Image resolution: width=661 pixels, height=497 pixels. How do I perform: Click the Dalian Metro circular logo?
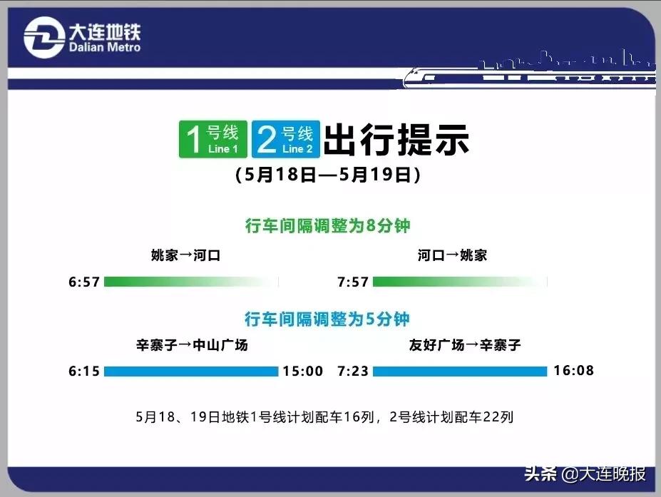[x=43, y=37]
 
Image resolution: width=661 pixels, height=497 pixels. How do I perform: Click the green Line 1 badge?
[x=212, y=139]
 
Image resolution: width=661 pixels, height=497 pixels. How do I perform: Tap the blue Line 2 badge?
[x=285, y=139]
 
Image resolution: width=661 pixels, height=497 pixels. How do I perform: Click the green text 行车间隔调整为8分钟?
[x=328, y=226]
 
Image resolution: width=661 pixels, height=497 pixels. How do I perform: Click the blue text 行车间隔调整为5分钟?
[x=328, y=319]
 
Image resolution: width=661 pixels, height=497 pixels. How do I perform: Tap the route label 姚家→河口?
[x=185, y=255]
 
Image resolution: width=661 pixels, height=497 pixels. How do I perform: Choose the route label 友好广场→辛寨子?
[x=465, y=346]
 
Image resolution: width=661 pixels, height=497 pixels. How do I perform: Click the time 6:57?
[x=84, y=282]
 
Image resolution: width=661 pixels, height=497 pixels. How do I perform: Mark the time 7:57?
[x=353, y=282]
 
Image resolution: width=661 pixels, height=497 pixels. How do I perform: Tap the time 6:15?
[x=84, y=372]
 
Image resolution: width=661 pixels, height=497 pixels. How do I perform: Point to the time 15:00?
[x=303, y=372]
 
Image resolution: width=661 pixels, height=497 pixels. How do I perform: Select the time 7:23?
[x=353, y=372]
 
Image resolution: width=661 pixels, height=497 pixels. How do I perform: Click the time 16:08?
[x=573, y=371]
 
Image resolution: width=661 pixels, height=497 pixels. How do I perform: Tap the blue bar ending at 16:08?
[x=459, y=372]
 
